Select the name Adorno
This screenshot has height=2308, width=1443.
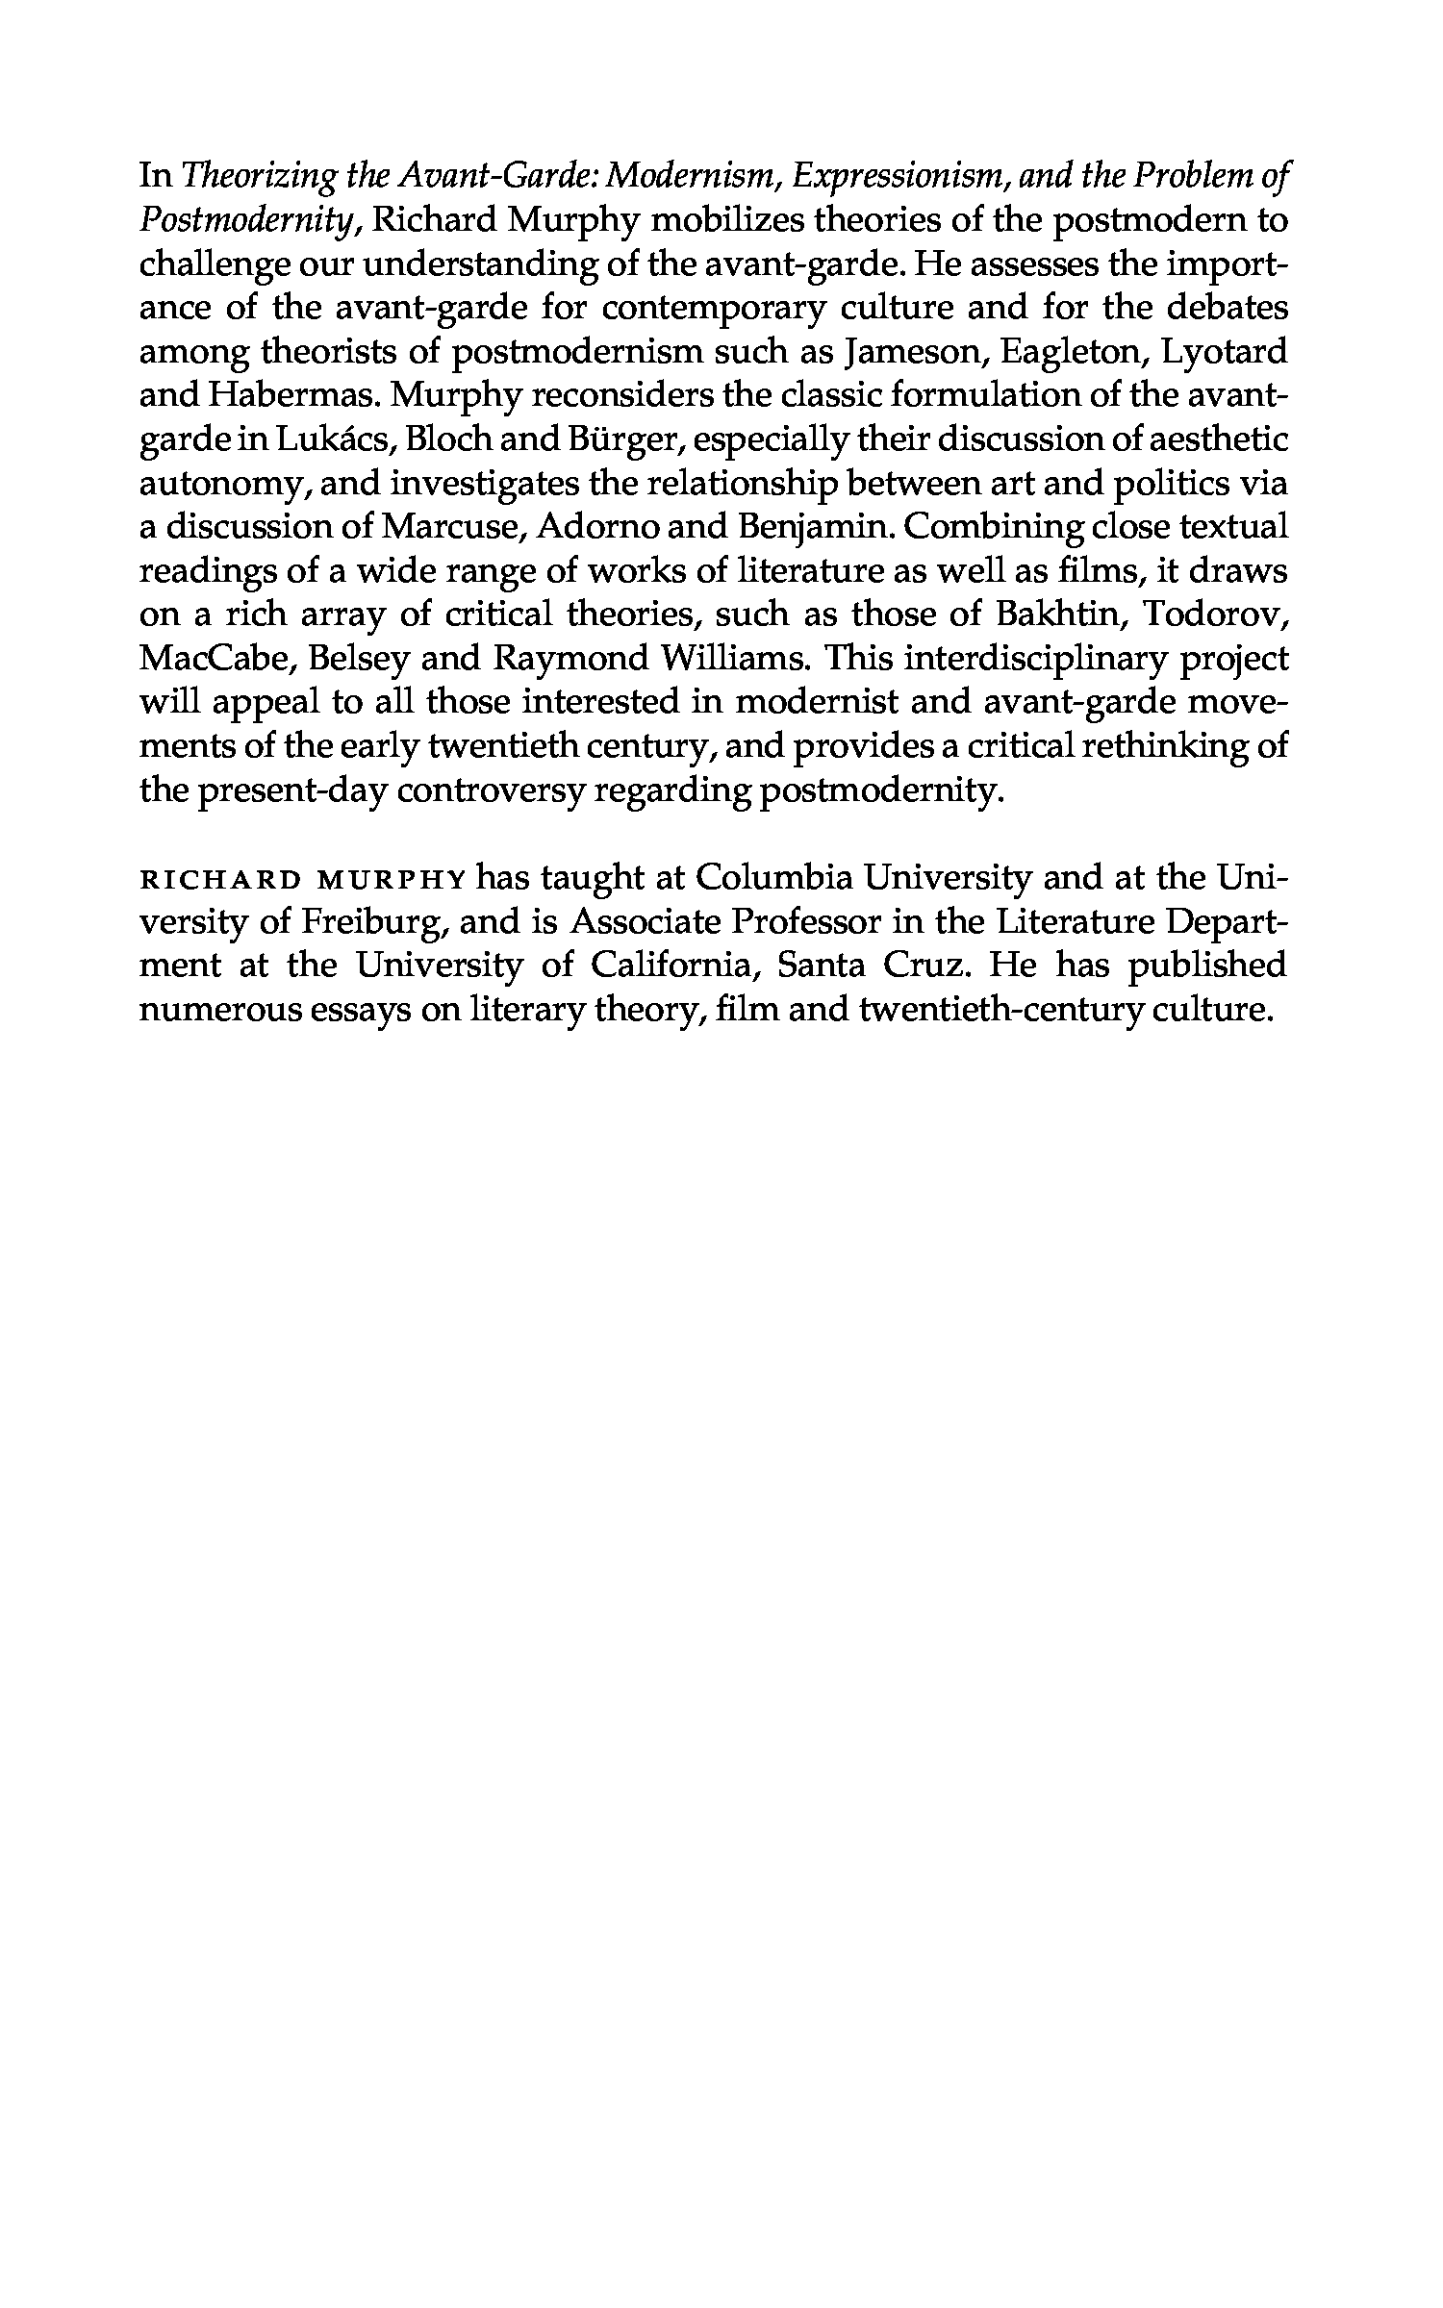point(613,528)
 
